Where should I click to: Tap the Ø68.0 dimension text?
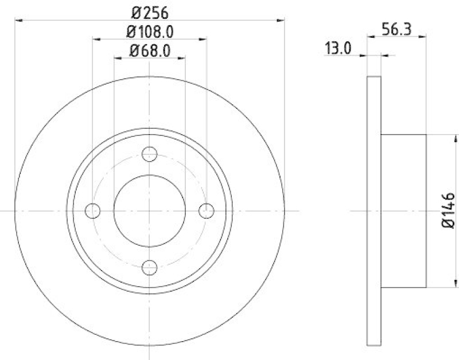(150, 50)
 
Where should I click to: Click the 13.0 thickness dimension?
(338, 49)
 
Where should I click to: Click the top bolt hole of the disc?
(149, 154)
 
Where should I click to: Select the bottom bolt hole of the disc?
(149, 267)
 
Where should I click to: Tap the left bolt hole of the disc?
(92, 211)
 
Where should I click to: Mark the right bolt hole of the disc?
(206, 211)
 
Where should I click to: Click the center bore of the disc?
(149, 210)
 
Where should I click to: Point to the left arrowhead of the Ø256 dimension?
(17, 21)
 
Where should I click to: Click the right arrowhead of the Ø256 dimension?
(282, 21)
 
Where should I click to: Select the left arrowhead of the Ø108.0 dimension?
(96, 40)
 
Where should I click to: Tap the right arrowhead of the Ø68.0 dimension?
(182, 58)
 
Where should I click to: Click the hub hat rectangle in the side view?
(404, 211)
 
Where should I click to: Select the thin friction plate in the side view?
(374, 211)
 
